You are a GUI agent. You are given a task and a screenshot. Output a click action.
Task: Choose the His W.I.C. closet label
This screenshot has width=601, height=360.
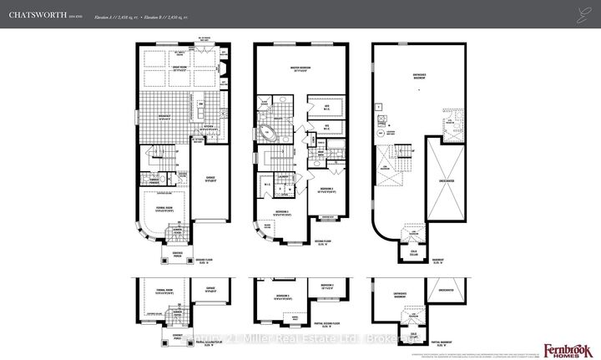pos(324,128)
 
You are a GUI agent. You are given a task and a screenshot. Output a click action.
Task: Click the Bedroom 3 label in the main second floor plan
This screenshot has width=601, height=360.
pos(327,190)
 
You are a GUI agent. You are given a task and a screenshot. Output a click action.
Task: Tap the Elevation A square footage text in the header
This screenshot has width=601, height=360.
pos(122,15)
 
